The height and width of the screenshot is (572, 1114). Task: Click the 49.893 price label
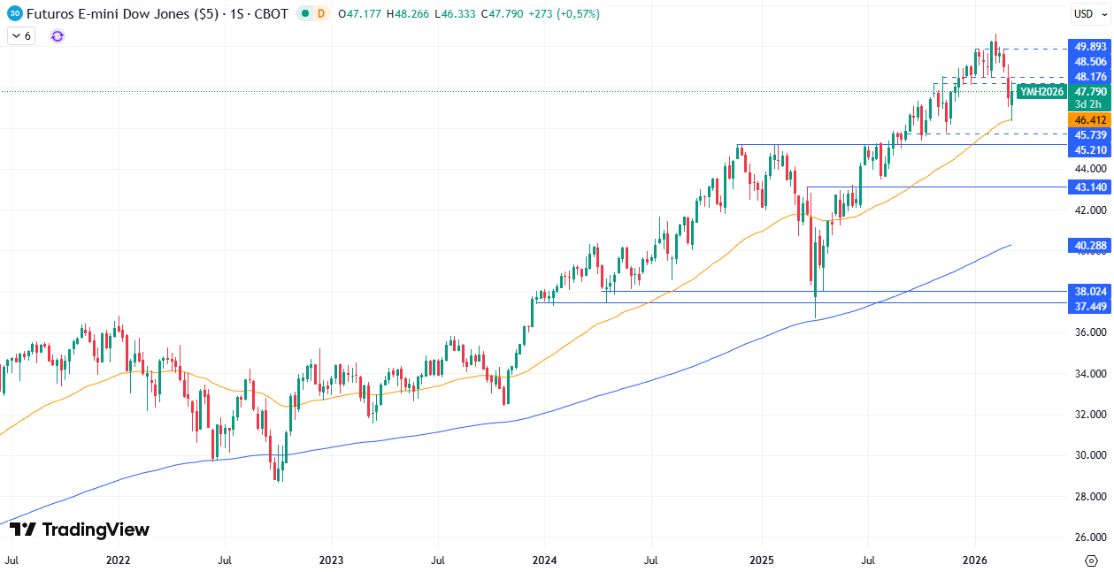click(x=1089, y=47)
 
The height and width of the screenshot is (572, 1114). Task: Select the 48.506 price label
click(x=1089, y=62)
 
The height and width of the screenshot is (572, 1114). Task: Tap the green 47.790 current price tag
click(x=1089, y=91)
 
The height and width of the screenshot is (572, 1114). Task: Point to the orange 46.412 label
click(x=1089, y=119)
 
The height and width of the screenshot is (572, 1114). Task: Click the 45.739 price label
click(x=1089, y=134)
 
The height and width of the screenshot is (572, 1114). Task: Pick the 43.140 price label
click(x=1089, y=187)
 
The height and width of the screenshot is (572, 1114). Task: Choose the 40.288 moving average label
click(x=1089, y=245)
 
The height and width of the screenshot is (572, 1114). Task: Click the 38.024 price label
click(x=1089, y=291)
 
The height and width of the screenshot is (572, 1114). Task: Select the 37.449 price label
click(x=1089, y=306)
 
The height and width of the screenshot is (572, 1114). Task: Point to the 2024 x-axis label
click(x=545, y=560)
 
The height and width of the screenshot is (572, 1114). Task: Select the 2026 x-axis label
click(x=975, y=560)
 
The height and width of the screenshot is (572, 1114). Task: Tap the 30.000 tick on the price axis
click(x=1089, y=454)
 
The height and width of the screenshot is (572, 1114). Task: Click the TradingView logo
click(x=80, y=530)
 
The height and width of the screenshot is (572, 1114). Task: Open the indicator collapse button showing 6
click(x=21, y=36)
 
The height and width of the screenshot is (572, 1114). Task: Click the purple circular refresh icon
click(x=58, y=36)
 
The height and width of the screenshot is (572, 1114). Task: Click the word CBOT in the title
click(x=272, y=13)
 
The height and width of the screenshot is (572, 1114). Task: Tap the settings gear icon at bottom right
click(x=1091, y=561)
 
